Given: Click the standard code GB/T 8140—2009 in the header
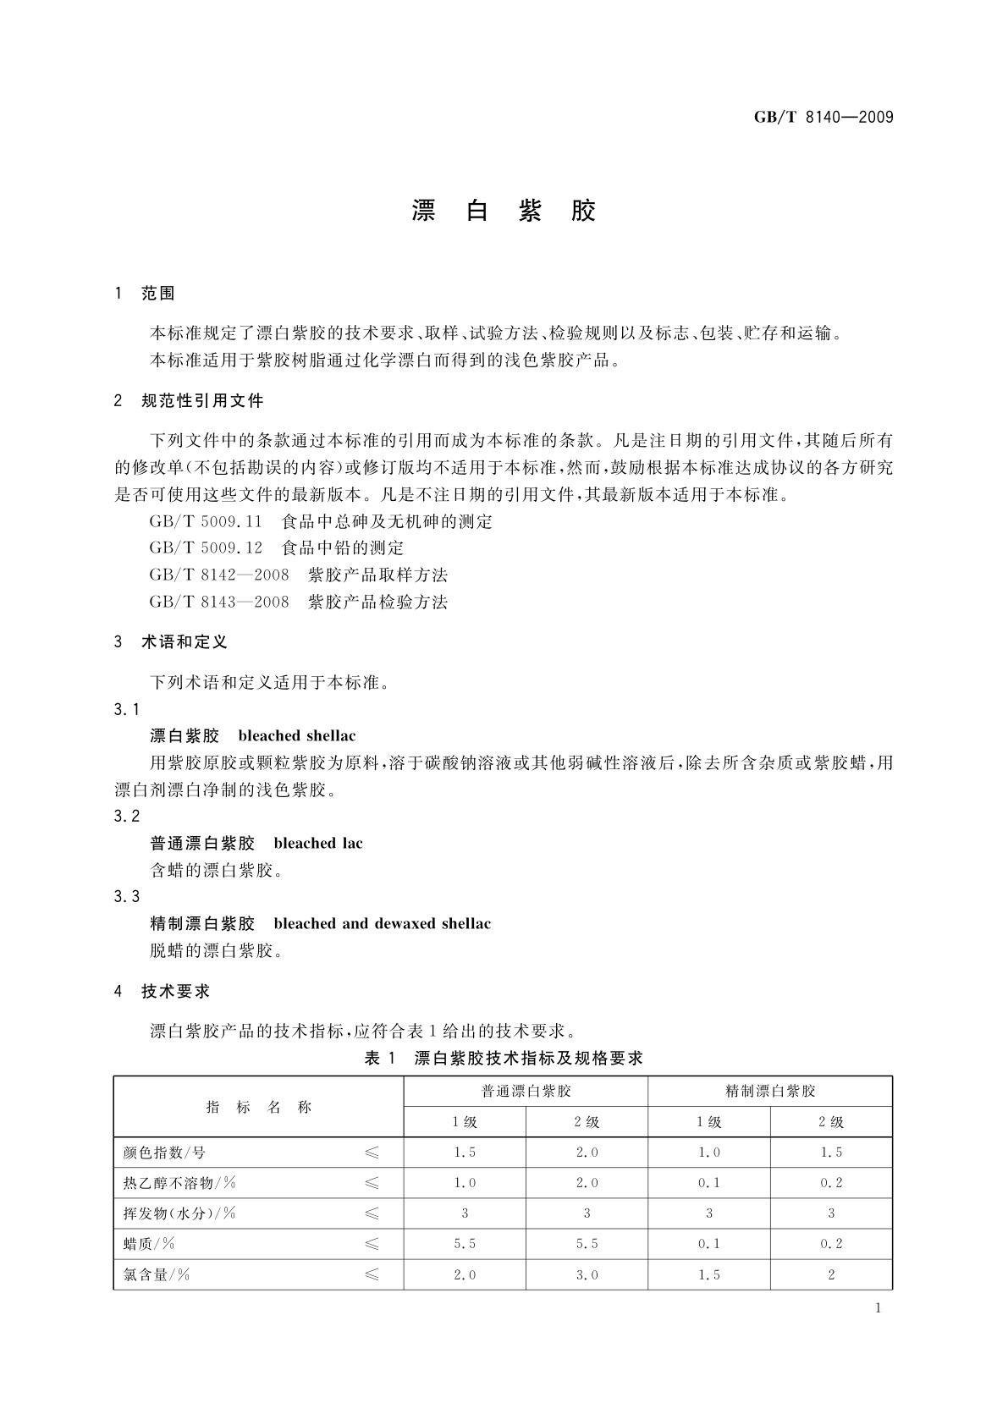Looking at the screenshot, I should click(823, 118).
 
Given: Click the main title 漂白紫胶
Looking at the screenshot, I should click(504, 211).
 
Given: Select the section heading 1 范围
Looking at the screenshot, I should click(145, 294).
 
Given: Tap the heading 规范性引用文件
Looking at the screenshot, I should click(202, 400).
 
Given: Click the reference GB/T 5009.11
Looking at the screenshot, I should click(206, 521).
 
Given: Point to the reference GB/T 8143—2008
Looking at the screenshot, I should click(218, 602).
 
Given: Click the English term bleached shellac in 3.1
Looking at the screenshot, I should click(297, 735).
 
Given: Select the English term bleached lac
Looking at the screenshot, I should click(318, 843).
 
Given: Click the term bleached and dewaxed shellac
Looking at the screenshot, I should click(382, 923).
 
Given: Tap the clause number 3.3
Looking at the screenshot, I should click(127, 896).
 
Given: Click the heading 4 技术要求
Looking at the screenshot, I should click(162, 991).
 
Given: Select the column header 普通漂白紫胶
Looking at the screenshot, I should click(526, 1091).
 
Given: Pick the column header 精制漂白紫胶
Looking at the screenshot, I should click(770, 1091).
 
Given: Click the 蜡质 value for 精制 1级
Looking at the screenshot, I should click(709, 1244).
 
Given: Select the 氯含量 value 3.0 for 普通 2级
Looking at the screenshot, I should click(587, 1274).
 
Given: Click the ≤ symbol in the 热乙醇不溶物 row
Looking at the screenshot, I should click(372, 1183).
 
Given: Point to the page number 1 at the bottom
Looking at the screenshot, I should click(878, 1308).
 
